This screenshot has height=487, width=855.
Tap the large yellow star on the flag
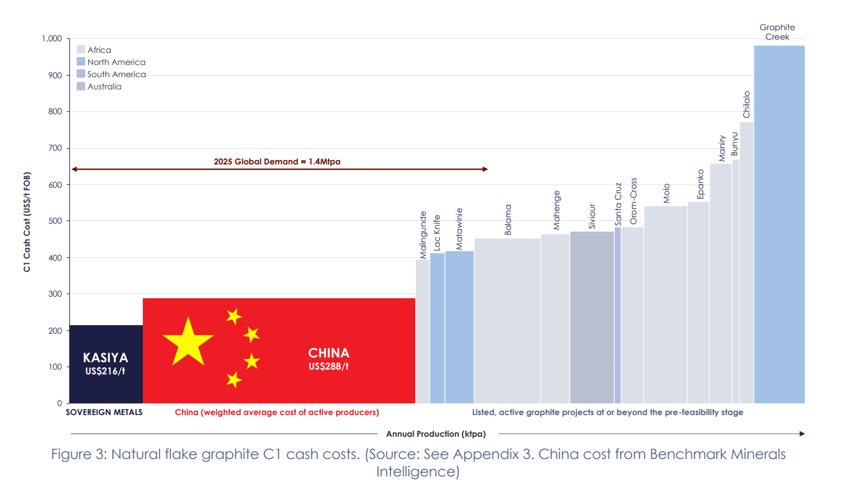click(x=188, y=342)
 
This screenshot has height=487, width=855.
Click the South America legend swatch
click(x=81, y=74)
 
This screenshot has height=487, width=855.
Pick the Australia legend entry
click(x=104, y=87)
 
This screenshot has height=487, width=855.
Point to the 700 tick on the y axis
click(x=56, y=148)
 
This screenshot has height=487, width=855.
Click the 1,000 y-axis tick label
click(x=52, y=39)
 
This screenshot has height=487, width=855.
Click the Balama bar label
click(x=508, y=219)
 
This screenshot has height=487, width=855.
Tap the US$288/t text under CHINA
click(x=329, y=366)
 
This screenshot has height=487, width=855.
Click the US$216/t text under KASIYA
click(x=105, y=371)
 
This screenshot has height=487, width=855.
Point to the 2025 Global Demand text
click(x=277, y=162)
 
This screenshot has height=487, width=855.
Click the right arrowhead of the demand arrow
click(x=485, y=169)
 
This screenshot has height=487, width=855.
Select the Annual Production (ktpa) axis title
click(x=435, y=434)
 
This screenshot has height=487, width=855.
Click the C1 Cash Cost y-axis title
click(x=27, y=222)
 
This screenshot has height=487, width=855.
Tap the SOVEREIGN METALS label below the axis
click(x=104, y=412)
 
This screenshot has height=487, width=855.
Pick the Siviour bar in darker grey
click(x=592, y=317)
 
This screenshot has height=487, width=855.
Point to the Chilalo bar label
click(x=747, y=104)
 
